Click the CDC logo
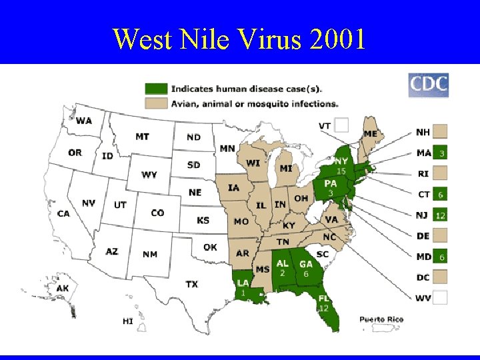[428, 85]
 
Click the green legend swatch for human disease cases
[156, 89]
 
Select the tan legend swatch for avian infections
[156, 103]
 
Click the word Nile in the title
[209, 39]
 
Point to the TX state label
[191, 284]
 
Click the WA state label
[83, 121]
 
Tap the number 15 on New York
[340, 171]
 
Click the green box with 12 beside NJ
[440, 215]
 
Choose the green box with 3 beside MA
[440, 153]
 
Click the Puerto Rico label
[381, 319]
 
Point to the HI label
[127, 321]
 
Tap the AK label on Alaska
[62, 288]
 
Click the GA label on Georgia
[306, 264]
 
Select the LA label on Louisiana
[243, 283]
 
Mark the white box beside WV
[440, 297]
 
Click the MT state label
[142, 136]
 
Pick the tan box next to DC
[440, 277]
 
